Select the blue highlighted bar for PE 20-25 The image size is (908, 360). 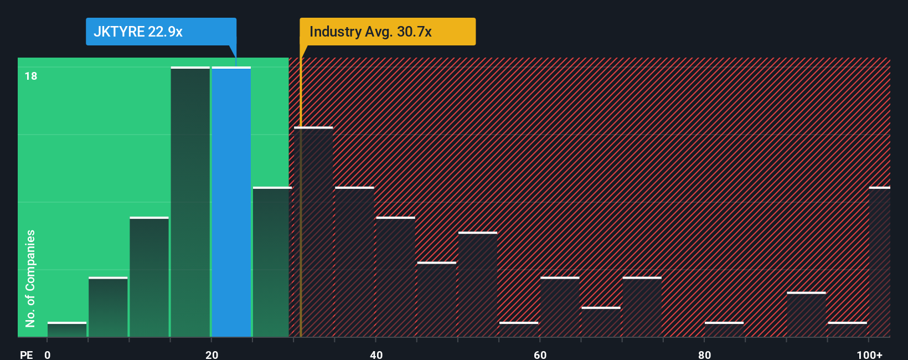[231, 202]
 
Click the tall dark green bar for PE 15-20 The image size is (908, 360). [190, 202]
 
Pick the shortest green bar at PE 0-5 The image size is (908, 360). [67, 330]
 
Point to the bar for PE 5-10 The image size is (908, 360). [108, 307]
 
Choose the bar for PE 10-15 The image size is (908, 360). [149, 277]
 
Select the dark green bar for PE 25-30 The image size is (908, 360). [272, 262]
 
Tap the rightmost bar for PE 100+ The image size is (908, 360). [879, 262]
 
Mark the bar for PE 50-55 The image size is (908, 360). [478, 285]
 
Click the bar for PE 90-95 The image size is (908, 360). [806, 315]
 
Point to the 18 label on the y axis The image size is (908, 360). [31, 76]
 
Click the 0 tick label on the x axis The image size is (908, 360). [48, 354]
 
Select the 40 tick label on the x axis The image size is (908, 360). [376, 354]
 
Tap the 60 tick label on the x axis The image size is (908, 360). [540, 354]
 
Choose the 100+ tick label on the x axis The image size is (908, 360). [869, 354]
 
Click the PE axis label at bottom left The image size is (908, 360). [26, 354]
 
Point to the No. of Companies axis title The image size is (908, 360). [30, 278]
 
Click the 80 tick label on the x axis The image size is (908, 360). [704, 354]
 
